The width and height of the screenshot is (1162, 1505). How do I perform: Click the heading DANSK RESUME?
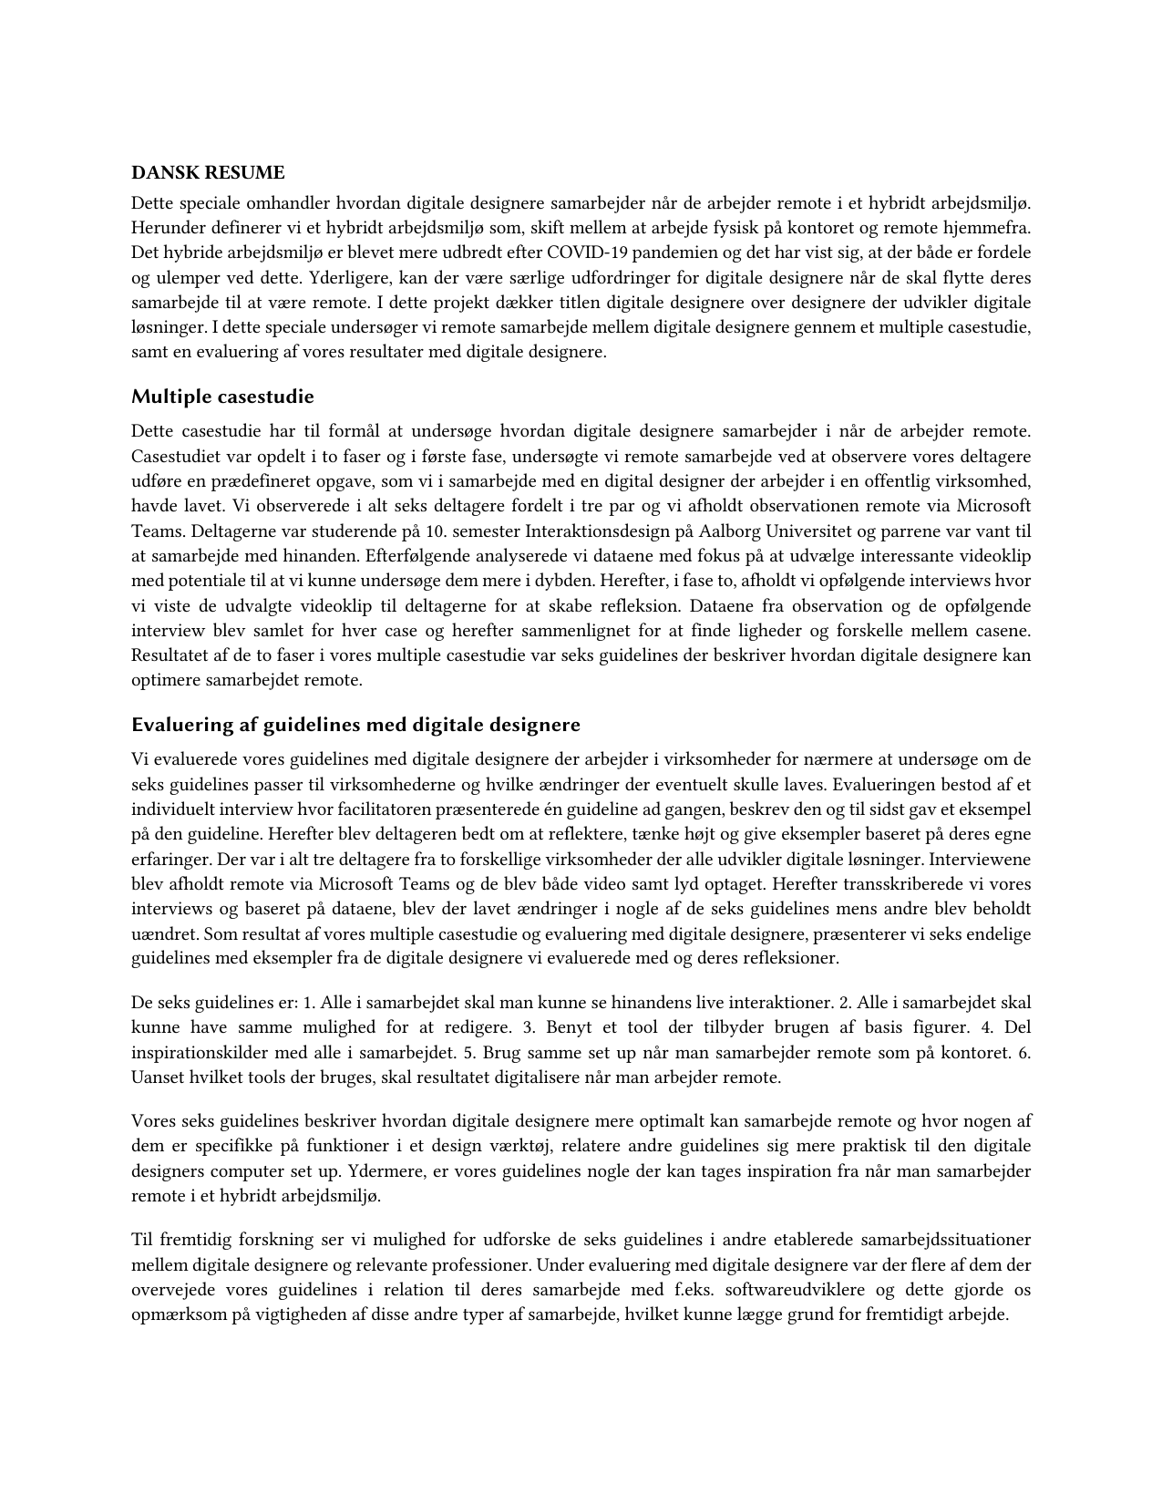click(208, 172)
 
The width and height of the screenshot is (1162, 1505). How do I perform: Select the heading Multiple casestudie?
click(222, 397)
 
